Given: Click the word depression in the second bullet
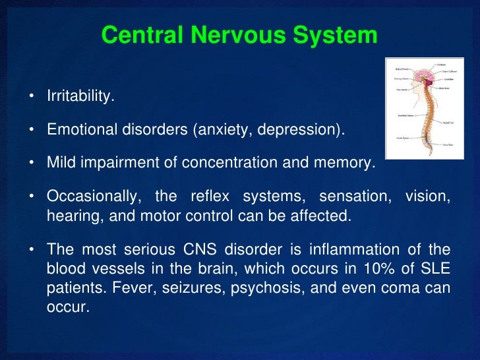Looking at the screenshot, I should (x=301, y=129).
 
